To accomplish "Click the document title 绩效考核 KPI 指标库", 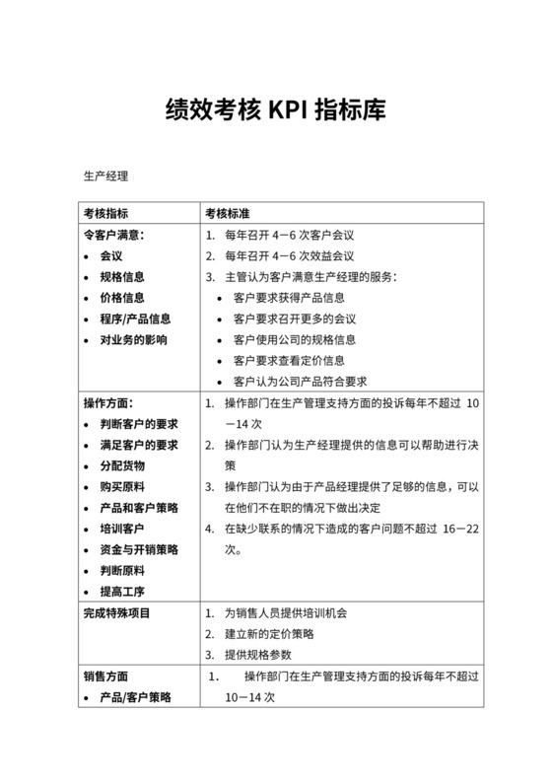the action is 275,108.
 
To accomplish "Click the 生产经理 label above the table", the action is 105,177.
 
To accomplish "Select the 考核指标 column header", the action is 105,214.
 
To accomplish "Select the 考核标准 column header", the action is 227,214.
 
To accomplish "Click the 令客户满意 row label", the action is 114,236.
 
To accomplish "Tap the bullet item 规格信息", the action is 122,277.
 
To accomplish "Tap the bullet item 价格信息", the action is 122,298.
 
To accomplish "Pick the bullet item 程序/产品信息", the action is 135,319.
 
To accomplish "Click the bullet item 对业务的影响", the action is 134,339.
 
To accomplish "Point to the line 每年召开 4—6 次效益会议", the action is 286,256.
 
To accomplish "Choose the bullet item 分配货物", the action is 122,465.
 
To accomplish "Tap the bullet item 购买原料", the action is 122,486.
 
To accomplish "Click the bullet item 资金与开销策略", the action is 140,549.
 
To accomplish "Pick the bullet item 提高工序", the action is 122,592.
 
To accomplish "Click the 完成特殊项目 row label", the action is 117,613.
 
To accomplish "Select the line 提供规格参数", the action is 264,655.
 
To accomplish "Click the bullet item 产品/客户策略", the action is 135,697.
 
